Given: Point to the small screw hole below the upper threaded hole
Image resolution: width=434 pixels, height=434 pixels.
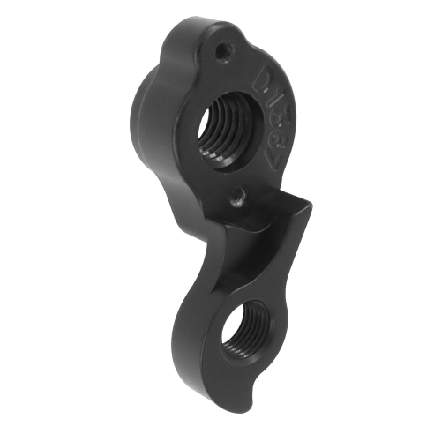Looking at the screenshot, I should tap(236, 200).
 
